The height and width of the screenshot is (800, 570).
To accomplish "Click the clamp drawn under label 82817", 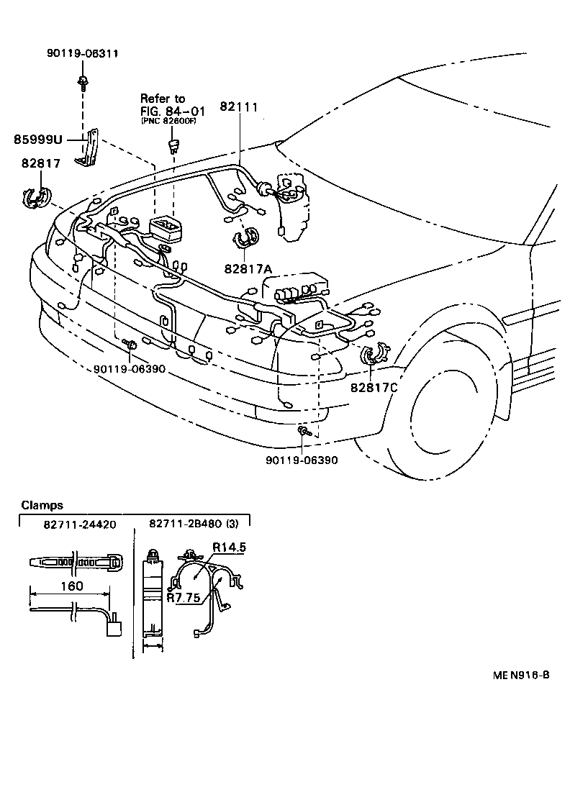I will tap(35, 196).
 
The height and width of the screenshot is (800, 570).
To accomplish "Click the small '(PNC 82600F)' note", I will tap(168, 121).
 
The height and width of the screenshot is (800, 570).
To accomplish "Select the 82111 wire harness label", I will tap(238, 105).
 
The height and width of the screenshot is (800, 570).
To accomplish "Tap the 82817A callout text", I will tap(248, 268).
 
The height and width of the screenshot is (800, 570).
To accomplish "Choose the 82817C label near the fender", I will tap(374, 387).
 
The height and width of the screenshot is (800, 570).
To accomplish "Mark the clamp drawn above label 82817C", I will tap(373, 355).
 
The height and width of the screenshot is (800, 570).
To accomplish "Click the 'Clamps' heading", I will tap(42, 505).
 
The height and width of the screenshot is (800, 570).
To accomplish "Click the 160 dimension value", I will tap(71, 586).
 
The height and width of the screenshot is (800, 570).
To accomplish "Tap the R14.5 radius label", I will tap(229, 547).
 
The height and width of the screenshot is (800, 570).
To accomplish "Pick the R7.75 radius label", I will tap(183, 596).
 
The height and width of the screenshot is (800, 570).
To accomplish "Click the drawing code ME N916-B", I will tap(521, 675).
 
